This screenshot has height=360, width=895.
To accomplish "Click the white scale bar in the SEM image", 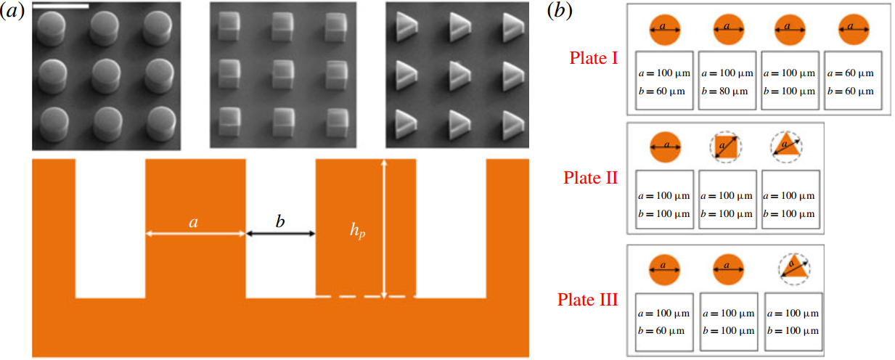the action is point(61,6).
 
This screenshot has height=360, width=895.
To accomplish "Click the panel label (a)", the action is point(12,11).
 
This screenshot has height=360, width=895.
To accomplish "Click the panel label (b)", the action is point(560,11).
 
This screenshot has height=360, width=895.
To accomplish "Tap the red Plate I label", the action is point(594,58).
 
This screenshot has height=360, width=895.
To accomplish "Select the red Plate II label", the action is point(591,177).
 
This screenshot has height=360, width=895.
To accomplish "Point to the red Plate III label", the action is point(588,299).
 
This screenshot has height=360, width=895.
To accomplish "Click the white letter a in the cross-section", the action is point(193,223).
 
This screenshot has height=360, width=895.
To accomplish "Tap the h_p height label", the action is point(358,230).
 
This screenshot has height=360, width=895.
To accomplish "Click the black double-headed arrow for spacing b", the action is point(280,234).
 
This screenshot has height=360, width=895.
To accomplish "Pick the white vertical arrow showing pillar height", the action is point(384,229).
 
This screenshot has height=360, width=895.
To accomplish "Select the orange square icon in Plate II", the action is point(726,147).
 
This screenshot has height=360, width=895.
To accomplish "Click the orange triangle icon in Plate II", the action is point(786,143).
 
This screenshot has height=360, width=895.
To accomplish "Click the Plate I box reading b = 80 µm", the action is point(727,81).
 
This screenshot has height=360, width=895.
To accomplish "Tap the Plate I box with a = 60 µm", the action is point(853,81).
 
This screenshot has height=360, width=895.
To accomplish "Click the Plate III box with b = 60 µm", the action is point(664,322).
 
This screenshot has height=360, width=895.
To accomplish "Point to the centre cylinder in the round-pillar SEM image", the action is point(106,76).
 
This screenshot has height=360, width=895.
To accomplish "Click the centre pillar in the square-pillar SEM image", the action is point(283,74).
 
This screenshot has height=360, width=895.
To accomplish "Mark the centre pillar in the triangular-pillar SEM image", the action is point(460,75).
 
